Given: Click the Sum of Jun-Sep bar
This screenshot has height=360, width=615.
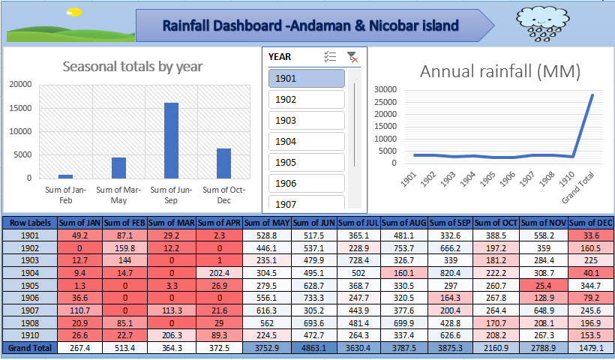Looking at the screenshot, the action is [171, 140].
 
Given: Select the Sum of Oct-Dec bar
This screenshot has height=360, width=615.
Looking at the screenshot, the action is [223, 163].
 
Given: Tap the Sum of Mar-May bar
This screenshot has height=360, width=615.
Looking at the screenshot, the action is [118, 168].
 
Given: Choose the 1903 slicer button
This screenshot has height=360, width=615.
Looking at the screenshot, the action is [306, 121].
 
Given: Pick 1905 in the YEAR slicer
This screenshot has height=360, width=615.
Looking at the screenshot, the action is [306, 162].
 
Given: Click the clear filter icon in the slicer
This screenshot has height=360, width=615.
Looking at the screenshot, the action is [352, 57].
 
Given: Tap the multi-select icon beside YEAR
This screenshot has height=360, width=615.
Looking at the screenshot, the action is [330, 57].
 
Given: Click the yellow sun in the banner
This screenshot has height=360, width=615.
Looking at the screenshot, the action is [73, 12].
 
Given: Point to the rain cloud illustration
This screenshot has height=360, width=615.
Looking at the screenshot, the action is [542, 24].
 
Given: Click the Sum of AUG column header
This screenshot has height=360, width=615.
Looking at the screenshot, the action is [404, 223].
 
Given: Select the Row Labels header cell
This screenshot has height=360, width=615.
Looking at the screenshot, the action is [30, 223].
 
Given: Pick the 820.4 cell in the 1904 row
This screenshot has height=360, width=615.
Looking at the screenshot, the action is [450, 273].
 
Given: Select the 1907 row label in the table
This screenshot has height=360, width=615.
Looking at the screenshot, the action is [30, 310].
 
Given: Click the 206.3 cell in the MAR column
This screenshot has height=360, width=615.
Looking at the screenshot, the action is [172, 336].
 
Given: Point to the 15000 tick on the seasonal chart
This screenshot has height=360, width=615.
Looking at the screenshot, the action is [20, 108].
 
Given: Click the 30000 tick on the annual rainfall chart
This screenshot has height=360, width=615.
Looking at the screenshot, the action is [385, 89].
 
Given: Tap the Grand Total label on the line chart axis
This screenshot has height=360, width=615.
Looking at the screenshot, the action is [578, 187].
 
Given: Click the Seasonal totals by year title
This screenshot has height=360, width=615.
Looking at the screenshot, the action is [133, 67].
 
